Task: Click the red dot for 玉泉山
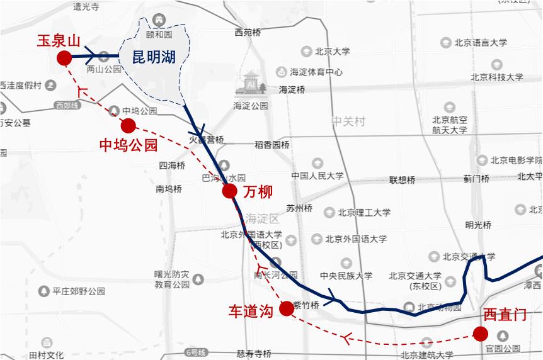64,59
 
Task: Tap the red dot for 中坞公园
129,125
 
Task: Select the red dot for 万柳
229,191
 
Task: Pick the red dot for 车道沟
286,308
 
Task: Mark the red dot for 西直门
481,334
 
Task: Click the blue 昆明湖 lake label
154,57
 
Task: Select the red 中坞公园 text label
129,146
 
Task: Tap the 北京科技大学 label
496,77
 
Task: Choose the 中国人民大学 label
317,176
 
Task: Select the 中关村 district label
348,121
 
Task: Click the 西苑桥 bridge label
248,32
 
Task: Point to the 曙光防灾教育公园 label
172,279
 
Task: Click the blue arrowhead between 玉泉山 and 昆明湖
89,56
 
